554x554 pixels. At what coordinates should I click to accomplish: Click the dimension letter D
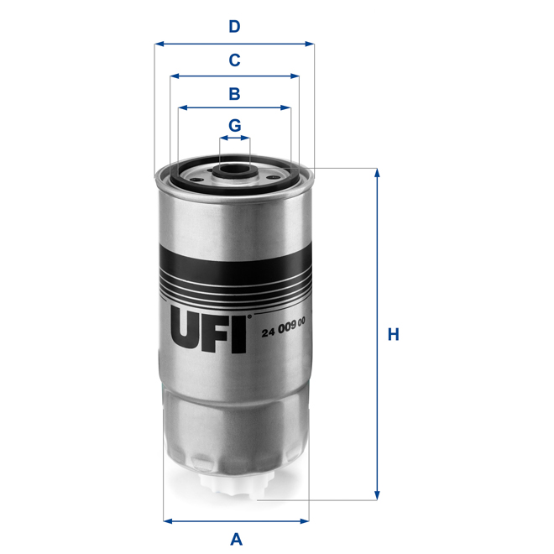point(235,27)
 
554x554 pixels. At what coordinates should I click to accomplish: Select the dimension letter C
point(235,60)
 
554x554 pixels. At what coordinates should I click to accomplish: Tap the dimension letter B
point(235,93)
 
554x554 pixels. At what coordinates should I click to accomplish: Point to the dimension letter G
point(235,125)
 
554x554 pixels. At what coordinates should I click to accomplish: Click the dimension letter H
point(393,334)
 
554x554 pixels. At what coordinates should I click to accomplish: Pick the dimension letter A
point(236,538)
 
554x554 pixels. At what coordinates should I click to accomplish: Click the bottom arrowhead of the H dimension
point(378,495)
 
